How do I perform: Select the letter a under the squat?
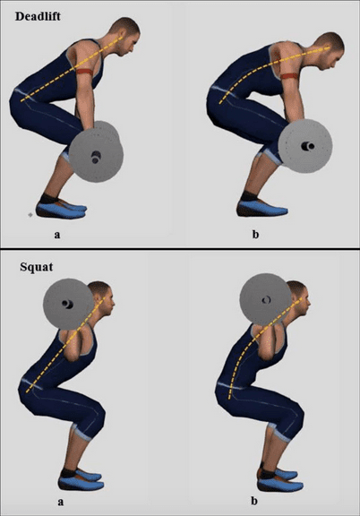click(x=60, y=502)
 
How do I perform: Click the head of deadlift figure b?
click(x=330, y=49)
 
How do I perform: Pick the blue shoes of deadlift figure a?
click(x=64, y=209)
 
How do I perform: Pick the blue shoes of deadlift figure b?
click(x=265, y=209)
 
